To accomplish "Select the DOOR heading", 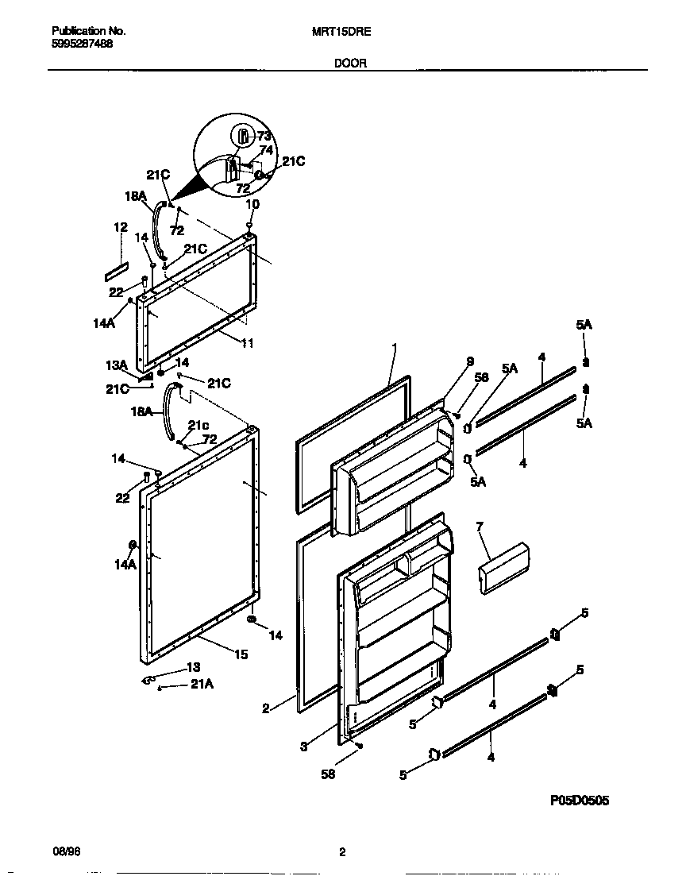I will point(349,64).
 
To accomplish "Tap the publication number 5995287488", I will point(82,44).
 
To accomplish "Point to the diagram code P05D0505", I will point(580,801).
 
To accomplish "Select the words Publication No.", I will point(88,32).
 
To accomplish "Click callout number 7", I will point(480,526).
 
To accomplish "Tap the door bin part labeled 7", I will point(503,568).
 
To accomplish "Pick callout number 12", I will point(120,227).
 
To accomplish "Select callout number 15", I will point(241,654).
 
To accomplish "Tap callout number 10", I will point(252,204).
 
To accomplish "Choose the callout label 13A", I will point(118,365).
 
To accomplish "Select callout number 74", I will point(266,149).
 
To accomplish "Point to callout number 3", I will point(304,747).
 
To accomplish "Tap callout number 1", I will point(393,347).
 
